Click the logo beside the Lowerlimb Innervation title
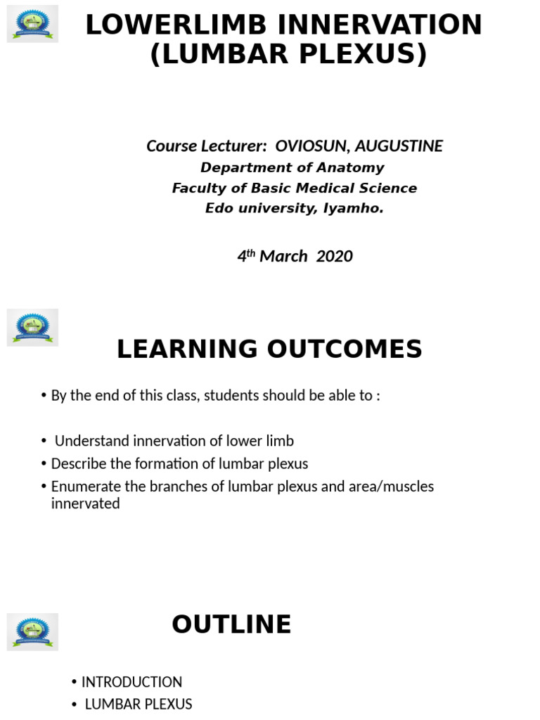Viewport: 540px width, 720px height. [x=32, y=25]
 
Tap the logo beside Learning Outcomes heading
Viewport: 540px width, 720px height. [x=32, y=327]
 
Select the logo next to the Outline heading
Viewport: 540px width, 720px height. [x=32, y=631]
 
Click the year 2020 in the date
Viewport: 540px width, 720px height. [x=335, y=256]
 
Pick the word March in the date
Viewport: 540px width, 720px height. [x=283, y=256]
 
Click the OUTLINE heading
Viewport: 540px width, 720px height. [x=231, y=624]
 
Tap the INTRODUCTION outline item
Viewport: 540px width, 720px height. [x=132, y=682]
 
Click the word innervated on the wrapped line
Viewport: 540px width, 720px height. [x=86, y=503]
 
